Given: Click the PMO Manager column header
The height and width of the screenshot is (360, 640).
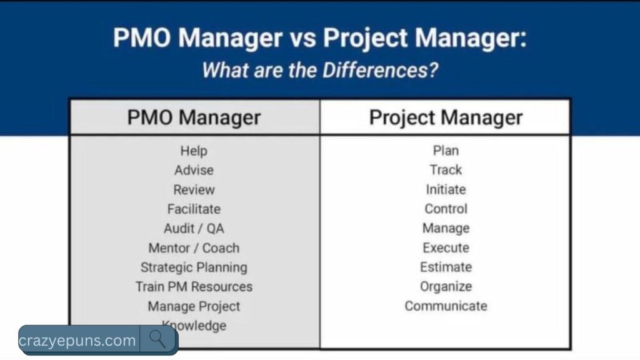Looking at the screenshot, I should (x=194, y=117).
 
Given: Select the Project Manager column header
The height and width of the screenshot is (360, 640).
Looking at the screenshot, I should (x=446, y=117).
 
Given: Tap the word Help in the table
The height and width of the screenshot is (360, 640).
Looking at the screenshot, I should (x=194, y=151).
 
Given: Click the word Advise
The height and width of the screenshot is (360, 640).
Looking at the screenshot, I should (x=194, y=170).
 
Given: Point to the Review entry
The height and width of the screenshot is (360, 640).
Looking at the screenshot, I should (x=194, y=189).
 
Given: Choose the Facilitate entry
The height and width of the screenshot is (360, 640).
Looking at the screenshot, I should (x=194, y=209).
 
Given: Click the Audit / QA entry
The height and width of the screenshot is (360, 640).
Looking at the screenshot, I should (x=194, y=228).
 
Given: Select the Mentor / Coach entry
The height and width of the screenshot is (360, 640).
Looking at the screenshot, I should (x=194, y=248).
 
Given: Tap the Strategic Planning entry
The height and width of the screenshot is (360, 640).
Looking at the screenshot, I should (x=194, y=267).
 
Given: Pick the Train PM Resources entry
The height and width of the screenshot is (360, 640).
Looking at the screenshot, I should (x=194, y=287).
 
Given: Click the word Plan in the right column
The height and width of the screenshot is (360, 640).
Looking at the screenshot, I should (x=446, y=151).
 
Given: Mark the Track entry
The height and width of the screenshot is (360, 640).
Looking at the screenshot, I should (x=446, y=170).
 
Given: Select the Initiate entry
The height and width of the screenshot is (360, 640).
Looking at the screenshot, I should (x=446, y=189).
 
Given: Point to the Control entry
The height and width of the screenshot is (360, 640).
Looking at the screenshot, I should (x=446, y=209).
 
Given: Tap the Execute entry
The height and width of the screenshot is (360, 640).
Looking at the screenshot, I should (x=446, y=248).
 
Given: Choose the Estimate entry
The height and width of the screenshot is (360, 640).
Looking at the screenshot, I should (x=446, y=267).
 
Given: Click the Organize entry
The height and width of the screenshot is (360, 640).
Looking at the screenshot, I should (x=446, y=287).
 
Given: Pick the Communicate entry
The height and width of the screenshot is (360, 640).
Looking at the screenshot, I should (x=446, y=306).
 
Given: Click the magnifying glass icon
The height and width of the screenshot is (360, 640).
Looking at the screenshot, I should (x=157, y=339).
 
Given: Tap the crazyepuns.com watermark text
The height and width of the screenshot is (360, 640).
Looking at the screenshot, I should (x=77, y=341).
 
